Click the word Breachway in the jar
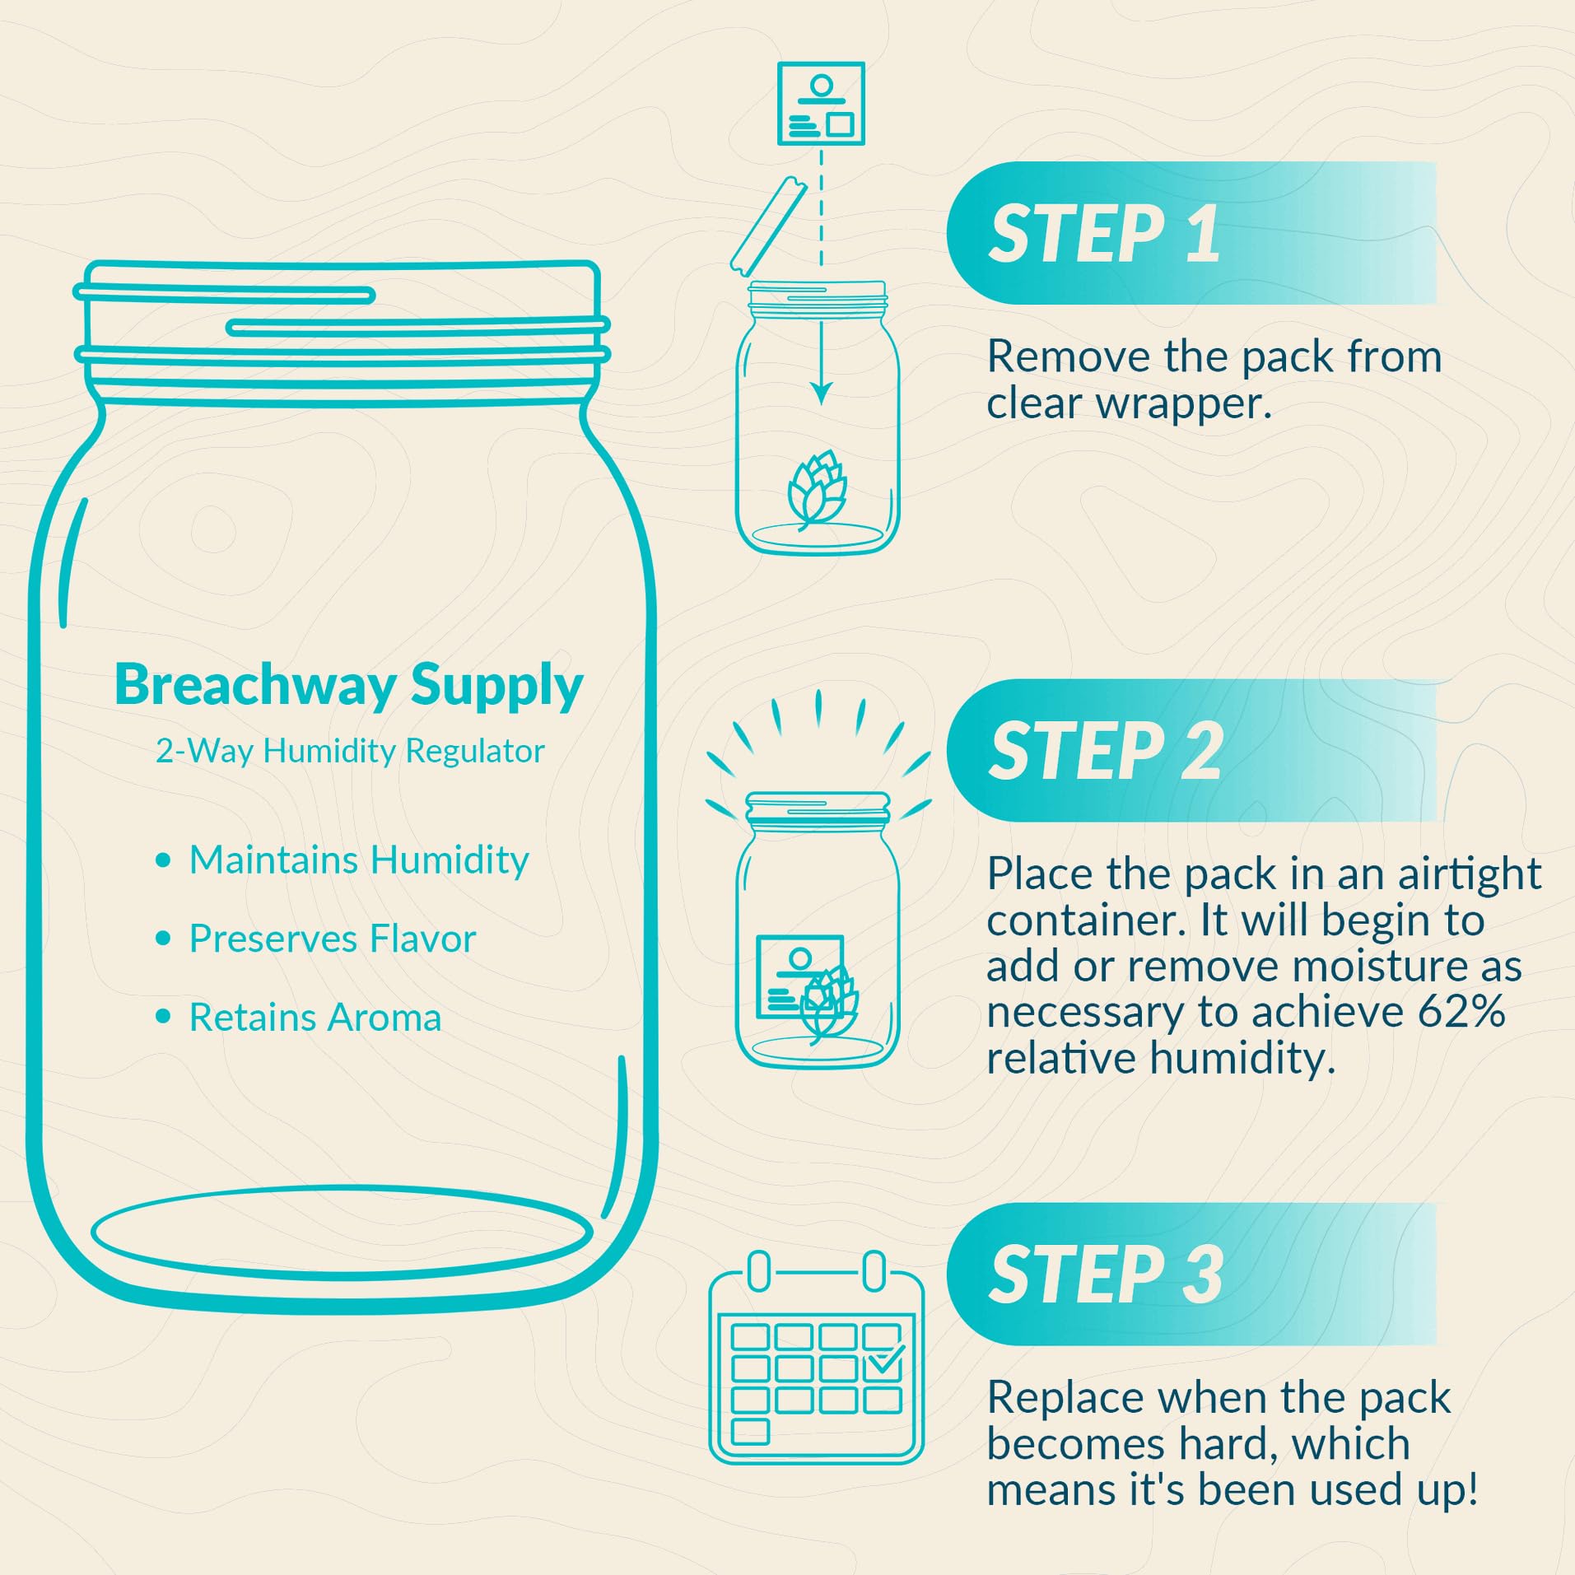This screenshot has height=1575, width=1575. (x=255, y=686)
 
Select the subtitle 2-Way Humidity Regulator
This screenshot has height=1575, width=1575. (x=350, y=752)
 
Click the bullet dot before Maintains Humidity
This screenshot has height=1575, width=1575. (x=163, y=860)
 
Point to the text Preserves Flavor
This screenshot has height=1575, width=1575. (x=333, y=939)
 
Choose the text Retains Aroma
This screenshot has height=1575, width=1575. (x=315, y=1018)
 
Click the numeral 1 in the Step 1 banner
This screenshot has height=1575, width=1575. (x=1203, y=234)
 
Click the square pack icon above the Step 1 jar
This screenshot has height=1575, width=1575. (x=821, y=103)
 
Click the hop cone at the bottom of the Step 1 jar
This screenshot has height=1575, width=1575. (x=817, y=489)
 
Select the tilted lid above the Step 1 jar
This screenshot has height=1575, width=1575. (x=768, y=226)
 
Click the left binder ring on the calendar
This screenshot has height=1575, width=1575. (x=759, y=1272)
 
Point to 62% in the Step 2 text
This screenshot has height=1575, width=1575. (x=1461, y=1012)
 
